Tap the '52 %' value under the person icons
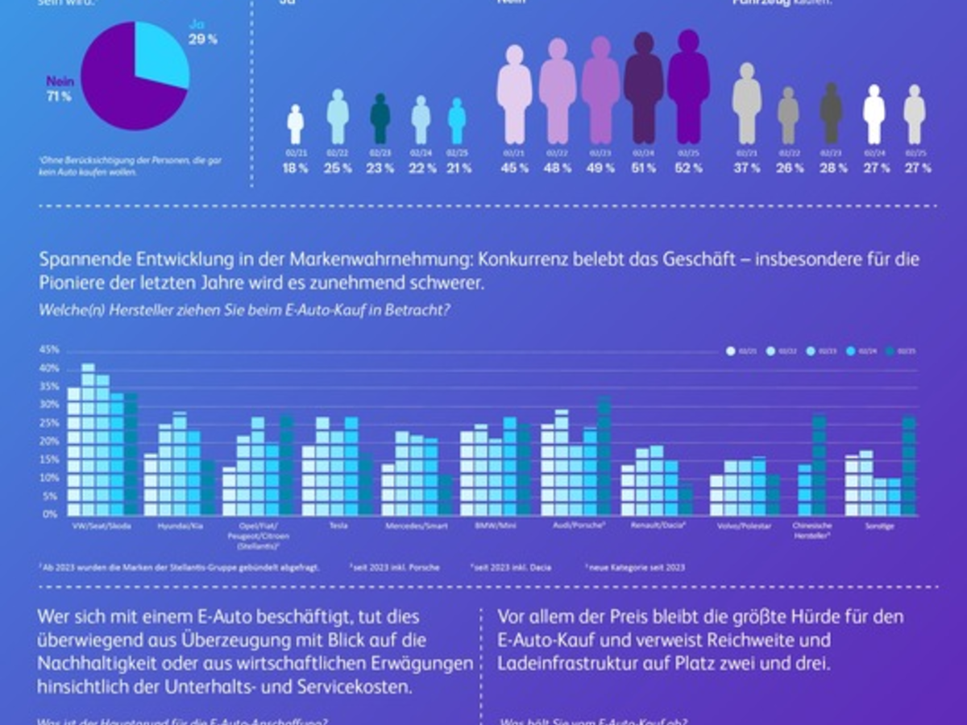click(x=689, y=168)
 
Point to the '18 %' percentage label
click(x=296, y=168)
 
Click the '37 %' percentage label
click(x=747, y=168)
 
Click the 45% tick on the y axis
click(x=49, y=350)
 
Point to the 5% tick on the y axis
click(x=51, y=496)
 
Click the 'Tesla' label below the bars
click(x=339, y=526)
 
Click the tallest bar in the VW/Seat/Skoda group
click(x=88, y=439)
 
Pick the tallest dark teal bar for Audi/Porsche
click(x=605, y=455)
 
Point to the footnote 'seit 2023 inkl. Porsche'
click(x=394, y=567)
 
